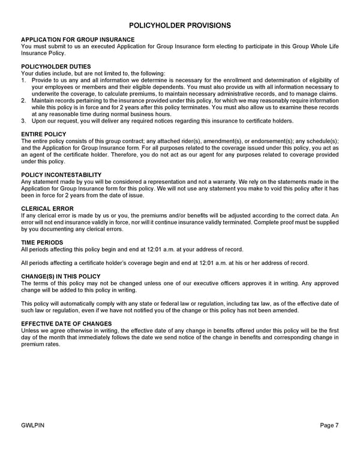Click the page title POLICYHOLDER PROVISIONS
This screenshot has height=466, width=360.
[180, 25]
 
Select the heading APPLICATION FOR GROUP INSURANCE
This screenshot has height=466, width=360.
[77, 40]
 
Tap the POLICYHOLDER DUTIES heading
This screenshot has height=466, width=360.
[56, 67]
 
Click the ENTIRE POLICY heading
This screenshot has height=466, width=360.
[43, 135]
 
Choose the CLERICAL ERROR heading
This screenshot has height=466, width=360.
[47, 208]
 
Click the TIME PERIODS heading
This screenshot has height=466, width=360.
[42, 242]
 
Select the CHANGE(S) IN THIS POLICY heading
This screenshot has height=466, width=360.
[61, 276]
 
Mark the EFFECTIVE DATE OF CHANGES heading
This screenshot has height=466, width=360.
[66, 324]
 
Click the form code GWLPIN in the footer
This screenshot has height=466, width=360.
[33, 426]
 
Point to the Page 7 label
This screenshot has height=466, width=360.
[329, 426]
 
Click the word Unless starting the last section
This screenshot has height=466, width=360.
[31, 330]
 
